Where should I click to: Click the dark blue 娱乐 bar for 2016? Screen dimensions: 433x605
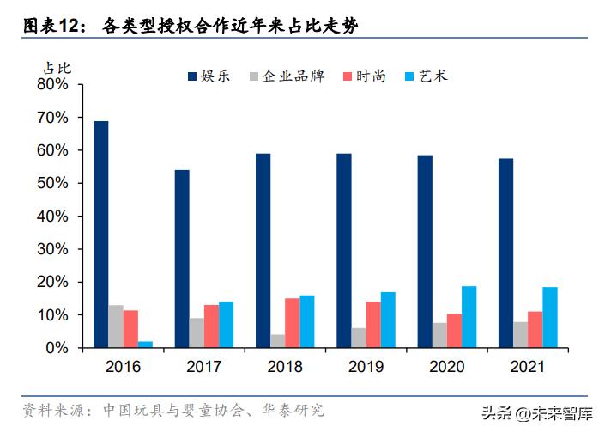[101, 235]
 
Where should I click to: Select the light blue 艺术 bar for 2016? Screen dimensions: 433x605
[146, 345]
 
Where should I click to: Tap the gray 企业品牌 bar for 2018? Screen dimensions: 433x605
[277, 341]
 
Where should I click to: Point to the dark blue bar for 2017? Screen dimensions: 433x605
[182, 259]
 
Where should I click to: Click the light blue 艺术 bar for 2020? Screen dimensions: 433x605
[469, 317]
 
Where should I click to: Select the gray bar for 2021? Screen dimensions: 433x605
[519, 335]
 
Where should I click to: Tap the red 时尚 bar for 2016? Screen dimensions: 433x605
[130, 329]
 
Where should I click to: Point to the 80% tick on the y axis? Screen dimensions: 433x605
[52, 84]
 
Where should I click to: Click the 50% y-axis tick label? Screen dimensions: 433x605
[52, 183]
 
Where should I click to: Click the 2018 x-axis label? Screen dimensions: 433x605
[284, 368]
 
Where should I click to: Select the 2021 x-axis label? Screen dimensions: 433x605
[526, 368]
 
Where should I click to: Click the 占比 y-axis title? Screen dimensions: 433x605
[56, 66]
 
